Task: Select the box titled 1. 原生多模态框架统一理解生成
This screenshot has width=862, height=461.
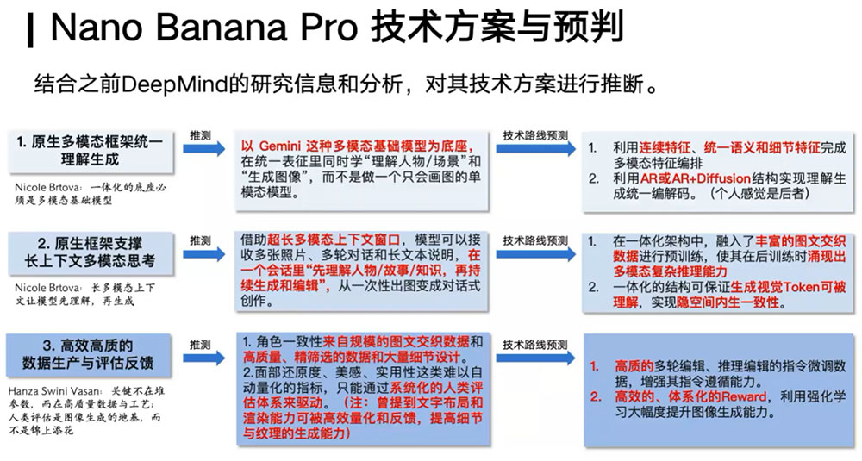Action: click(91, 152)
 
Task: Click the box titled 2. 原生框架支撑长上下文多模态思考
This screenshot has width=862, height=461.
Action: click(91, 252)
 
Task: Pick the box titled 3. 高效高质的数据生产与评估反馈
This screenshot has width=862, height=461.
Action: click(89, 354)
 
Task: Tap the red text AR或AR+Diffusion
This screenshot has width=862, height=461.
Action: click(696, 178)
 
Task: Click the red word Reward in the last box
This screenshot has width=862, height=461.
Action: click(745, 396)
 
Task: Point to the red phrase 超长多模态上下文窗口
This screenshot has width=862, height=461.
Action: click(334, 240)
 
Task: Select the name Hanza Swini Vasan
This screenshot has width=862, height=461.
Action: click(54, 392)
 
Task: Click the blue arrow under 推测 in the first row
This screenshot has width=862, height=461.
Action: click(203, 149)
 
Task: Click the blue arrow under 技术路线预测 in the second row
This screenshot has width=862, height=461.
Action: click(535, 254)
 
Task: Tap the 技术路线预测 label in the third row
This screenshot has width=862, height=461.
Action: click(535, 345)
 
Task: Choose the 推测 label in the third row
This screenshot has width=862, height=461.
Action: click(200, 345)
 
